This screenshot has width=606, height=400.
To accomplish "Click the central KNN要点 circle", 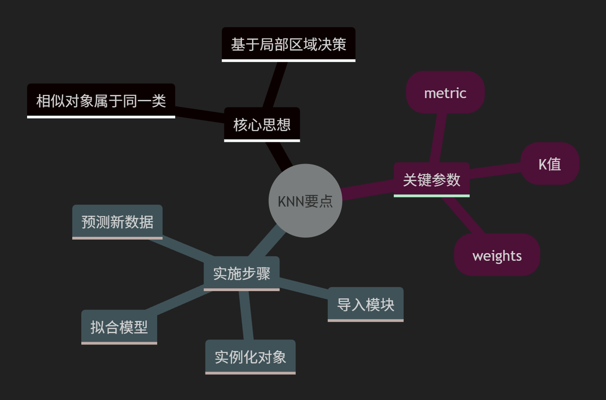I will pos(305,201).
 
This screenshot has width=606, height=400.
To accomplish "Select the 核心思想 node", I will pos(262,124).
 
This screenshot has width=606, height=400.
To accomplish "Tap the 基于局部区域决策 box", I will pos(289,44).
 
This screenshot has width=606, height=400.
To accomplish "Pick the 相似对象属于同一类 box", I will pos(101,100).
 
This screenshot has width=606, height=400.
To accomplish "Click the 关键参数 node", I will pos(432,179).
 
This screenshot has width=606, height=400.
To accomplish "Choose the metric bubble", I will pos(445,92).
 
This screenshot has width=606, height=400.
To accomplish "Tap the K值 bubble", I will pos(550,164).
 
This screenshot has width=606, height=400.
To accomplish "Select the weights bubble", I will pos(497,255).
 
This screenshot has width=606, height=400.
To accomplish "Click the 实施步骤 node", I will pos(242,273).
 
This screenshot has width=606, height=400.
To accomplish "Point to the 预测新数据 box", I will pos(117,221).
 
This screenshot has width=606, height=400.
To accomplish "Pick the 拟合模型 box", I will pos(119,327).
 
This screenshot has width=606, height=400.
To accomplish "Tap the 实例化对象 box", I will pos(250,357).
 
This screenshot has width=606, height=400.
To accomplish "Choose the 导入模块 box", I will pos(365,304).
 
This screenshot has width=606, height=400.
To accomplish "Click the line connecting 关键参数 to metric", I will pos(438,138).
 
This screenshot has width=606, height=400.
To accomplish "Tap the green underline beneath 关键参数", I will pos(432,196).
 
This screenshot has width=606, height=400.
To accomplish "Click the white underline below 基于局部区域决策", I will pos(289,60).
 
